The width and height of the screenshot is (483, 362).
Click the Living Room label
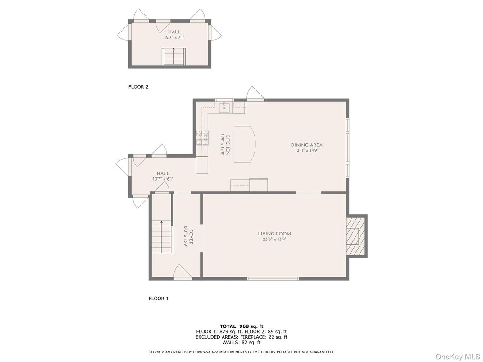pos(274,234)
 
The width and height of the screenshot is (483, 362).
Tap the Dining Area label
pos(306,145)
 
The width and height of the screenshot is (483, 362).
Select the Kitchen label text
pos(228,145)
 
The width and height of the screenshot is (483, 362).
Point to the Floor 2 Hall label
pos(174,32)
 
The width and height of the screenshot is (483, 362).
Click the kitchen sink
pos(224,107)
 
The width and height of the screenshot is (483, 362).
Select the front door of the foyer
pos(182,273)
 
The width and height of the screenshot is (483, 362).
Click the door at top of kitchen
pos(255,95)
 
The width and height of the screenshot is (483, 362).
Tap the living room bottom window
pos(273,279)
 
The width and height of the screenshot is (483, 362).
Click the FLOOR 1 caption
pos(159,298)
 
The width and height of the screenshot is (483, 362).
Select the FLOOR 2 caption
pos(138,87)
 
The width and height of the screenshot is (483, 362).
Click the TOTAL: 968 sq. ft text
pos(241,326)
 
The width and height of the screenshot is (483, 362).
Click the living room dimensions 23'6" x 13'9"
pos(274,240)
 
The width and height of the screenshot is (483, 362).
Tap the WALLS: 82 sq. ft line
pos(241,342)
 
